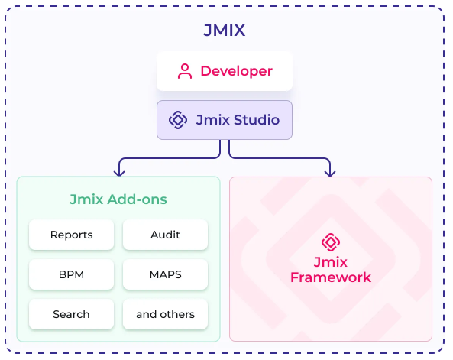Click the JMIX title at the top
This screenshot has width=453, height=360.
coord(225,31)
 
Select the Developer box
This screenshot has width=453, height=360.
coord(225,71)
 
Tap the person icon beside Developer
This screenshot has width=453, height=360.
coord(184,71)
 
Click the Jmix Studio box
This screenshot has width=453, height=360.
coord(225,120)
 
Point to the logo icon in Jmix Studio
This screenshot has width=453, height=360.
coord(178,120)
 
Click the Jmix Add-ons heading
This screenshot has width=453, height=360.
coord(118,199)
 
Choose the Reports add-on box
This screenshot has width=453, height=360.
coord(72,235)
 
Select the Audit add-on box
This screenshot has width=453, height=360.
coord(165,235)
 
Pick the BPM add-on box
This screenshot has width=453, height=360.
coord(72,274)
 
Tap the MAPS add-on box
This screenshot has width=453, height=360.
coord(165,274)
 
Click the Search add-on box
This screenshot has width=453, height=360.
coord(72,314)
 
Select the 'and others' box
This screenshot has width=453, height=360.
coord(165,314)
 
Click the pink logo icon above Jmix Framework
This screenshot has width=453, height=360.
coord(330,242)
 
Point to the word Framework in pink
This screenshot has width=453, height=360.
coord(330,277)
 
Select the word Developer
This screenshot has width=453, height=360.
coord(236,71)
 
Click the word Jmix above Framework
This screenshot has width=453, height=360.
coord(330,262)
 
